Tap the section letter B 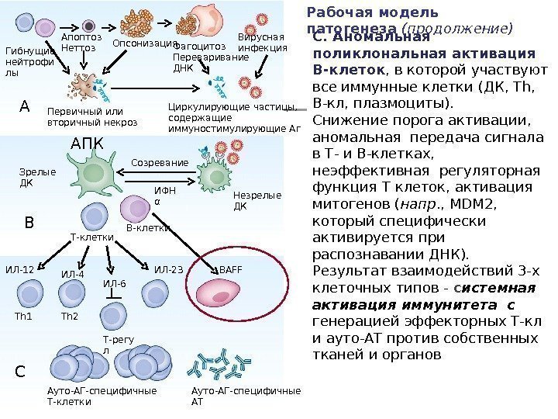click(29, 223)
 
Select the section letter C click(21, 371)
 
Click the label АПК click(86, 144)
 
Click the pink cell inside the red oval click(224, 294)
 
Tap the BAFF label click(231, 269)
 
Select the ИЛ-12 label click(19, 269)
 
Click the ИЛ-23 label click(168, 269)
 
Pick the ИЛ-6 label click(114, 284)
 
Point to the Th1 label click(25, 317)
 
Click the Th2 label click(70, 317)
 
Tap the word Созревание click(159, 163)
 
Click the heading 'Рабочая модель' click(372, 12)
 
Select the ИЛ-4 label click(71, 274)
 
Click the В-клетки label click(147, 229)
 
